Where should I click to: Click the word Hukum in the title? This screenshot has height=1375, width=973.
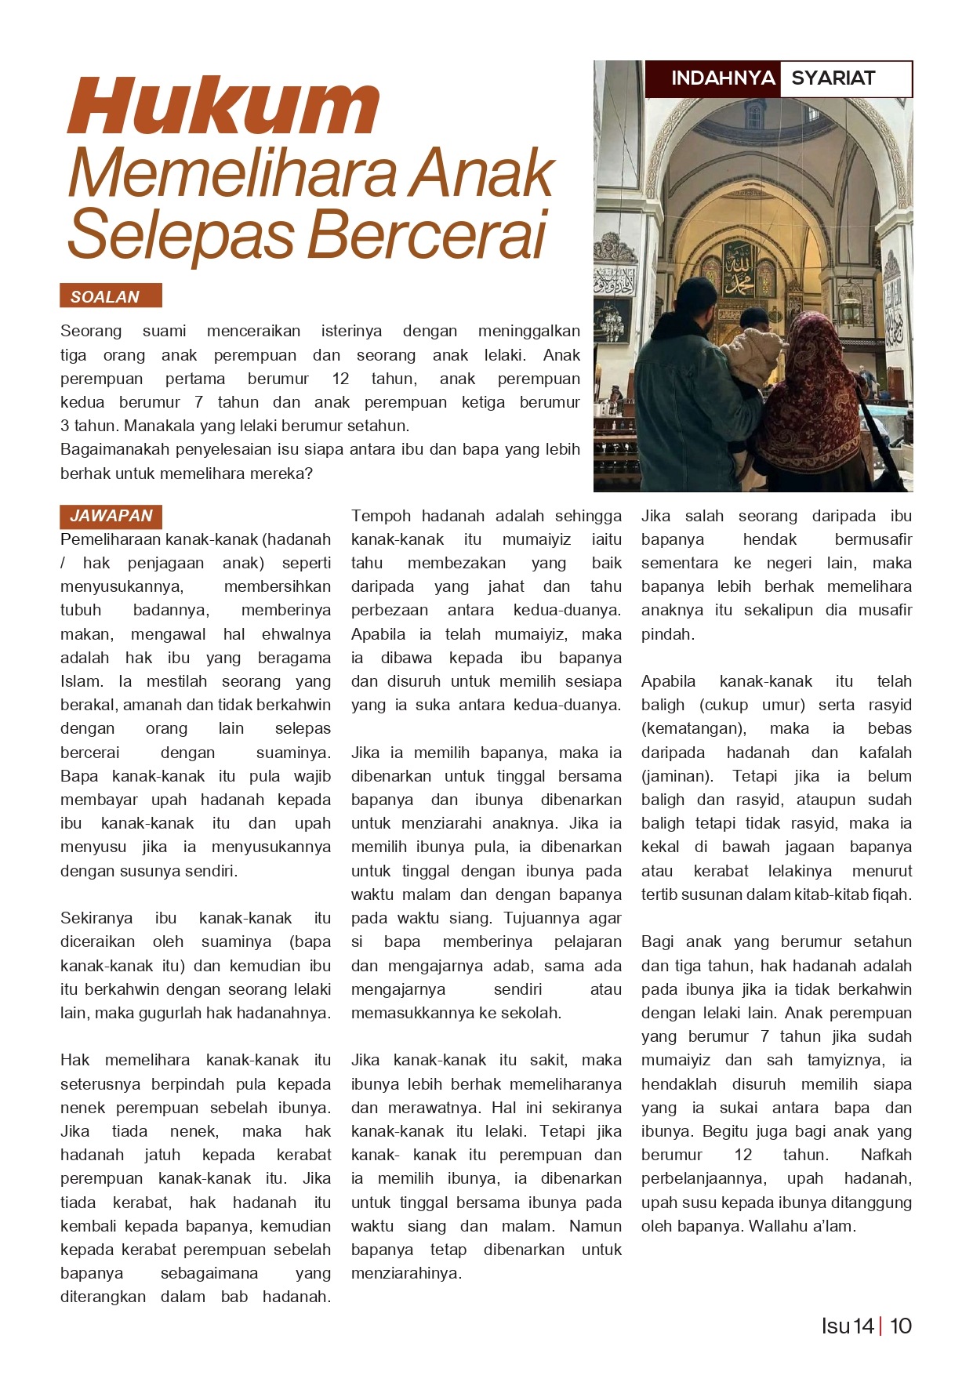pos(223,107)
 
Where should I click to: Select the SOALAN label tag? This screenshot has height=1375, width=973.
pos(111,296)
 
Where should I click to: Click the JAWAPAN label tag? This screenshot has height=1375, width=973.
pos(111,516)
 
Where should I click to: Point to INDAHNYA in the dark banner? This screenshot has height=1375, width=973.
pos(723,78)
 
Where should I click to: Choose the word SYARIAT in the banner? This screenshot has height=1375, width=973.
pos(833,78)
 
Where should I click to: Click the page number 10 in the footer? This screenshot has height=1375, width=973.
pos(901,1326)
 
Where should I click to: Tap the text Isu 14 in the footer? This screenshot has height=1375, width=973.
pos(847,1326)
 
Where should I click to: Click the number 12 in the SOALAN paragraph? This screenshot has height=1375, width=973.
pos(340,379)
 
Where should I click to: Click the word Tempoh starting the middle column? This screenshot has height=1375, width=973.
pos(381,516)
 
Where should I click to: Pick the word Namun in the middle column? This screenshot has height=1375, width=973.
pos(595,1226)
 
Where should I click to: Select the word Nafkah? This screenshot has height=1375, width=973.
pos(886,1155)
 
